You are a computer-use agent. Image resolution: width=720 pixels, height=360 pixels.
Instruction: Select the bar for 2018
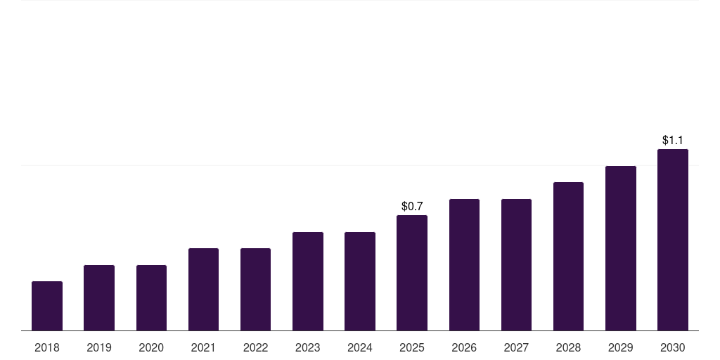tap(47, 306)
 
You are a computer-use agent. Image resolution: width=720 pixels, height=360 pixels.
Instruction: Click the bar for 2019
tap(99, 297)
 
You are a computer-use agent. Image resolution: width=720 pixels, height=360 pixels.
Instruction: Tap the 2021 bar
tap(203, 289)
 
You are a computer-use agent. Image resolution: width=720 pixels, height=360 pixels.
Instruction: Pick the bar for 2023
tap(308, 281)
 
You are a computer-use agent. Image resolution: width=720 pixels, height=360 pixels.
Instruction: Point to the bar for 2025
tap(412, 273)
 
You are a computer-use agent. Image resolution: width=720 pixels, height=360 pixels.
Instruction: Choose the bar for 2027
tap(516, 264)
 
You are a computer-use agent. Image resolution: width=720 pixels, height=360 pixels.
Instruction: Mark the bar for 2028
tap(568, 256)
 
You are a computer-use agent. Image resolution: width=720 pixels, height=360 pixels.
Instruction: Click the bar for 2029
tap(620, 248)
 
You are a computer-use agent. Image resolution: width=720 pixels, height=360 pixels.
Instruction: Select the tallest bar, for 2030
tap(673, 240)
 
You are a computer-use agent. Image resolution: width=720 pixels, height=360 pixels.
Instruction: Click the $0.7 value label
tap(412, 206)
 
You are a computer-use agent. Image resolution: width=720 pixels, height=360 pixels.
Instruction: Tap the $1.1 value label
tap(673, 140)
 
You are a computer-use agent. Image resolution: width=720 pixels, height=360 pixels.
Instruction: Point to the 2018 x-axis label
tap(47, 347)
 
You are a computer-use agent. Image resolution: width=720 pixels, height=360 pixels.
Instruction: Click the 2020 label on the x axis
tap(151, 347)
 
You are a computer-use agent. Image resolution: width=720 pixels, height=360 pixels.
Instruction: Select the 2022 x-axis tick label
tap(255, 347)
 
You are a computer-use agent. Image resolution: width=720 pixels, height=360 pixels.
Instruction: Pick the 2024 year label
tap(359, 347)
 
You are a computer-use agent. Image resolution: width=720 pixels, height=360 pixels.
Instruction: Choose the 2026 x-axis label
tap(464, 347)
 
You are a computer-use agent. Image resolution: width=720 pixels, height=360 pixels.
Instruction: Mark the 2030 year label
tap(673, 347)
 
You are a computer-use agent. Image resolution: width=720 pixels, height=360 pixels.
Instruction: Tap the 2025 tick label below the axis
tap(412, 347)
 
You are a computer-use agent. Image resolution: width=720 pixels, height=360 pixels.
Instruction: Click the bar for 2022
tap(255, 289)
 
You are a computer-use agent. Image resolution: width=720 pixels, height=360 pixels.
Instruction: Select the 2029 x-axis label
tap(620, 347)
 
